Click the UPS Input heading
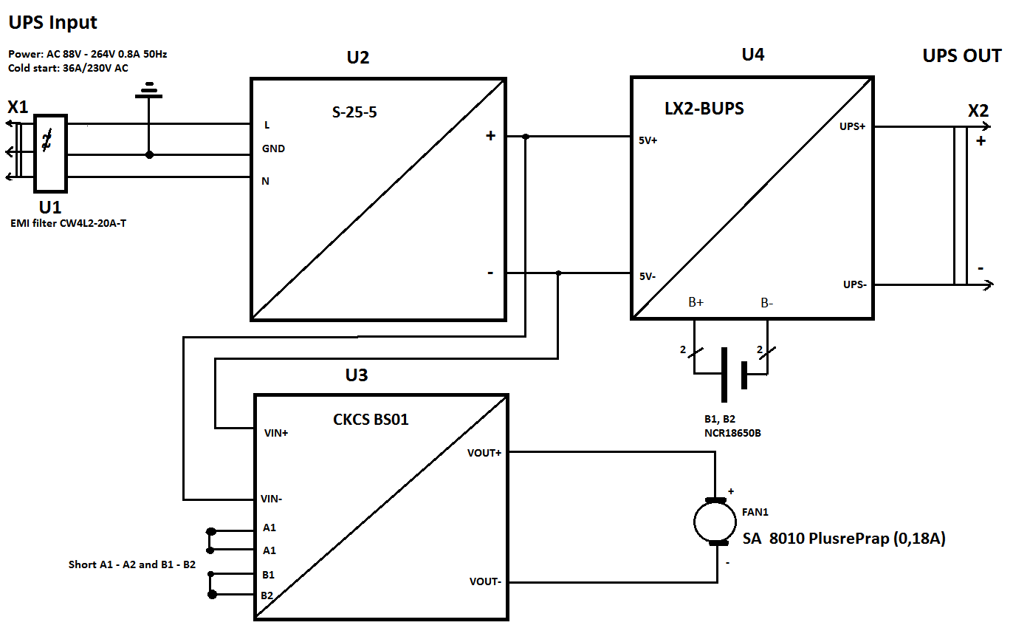(53, 23)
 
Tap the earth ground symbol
(149, 90)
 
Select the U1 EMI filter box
(51, 153)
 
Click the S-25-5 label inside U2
(354, 112)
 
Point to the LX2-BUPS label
(704, 109)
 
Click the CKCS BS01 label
(371, 420)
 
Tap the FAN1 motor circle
(715, 522)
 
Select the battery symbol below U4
(733, 375)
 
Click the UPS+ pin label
(853, 126)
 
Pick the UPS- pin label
(855, 284)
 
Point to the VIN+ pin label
(276, 433)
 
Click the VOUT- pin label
(485, 581)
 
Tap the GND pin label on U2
(273, 149)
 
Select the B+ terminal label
(696, 302)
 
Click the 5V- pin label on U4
(647, 276)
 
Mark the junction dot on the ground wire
(149, 154)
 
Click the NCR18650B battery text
(732, 433)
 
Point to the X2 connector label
(978, 111)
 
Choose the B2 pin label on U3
(267, 595)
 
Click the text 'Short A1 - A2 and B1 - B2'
(132, 564)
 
